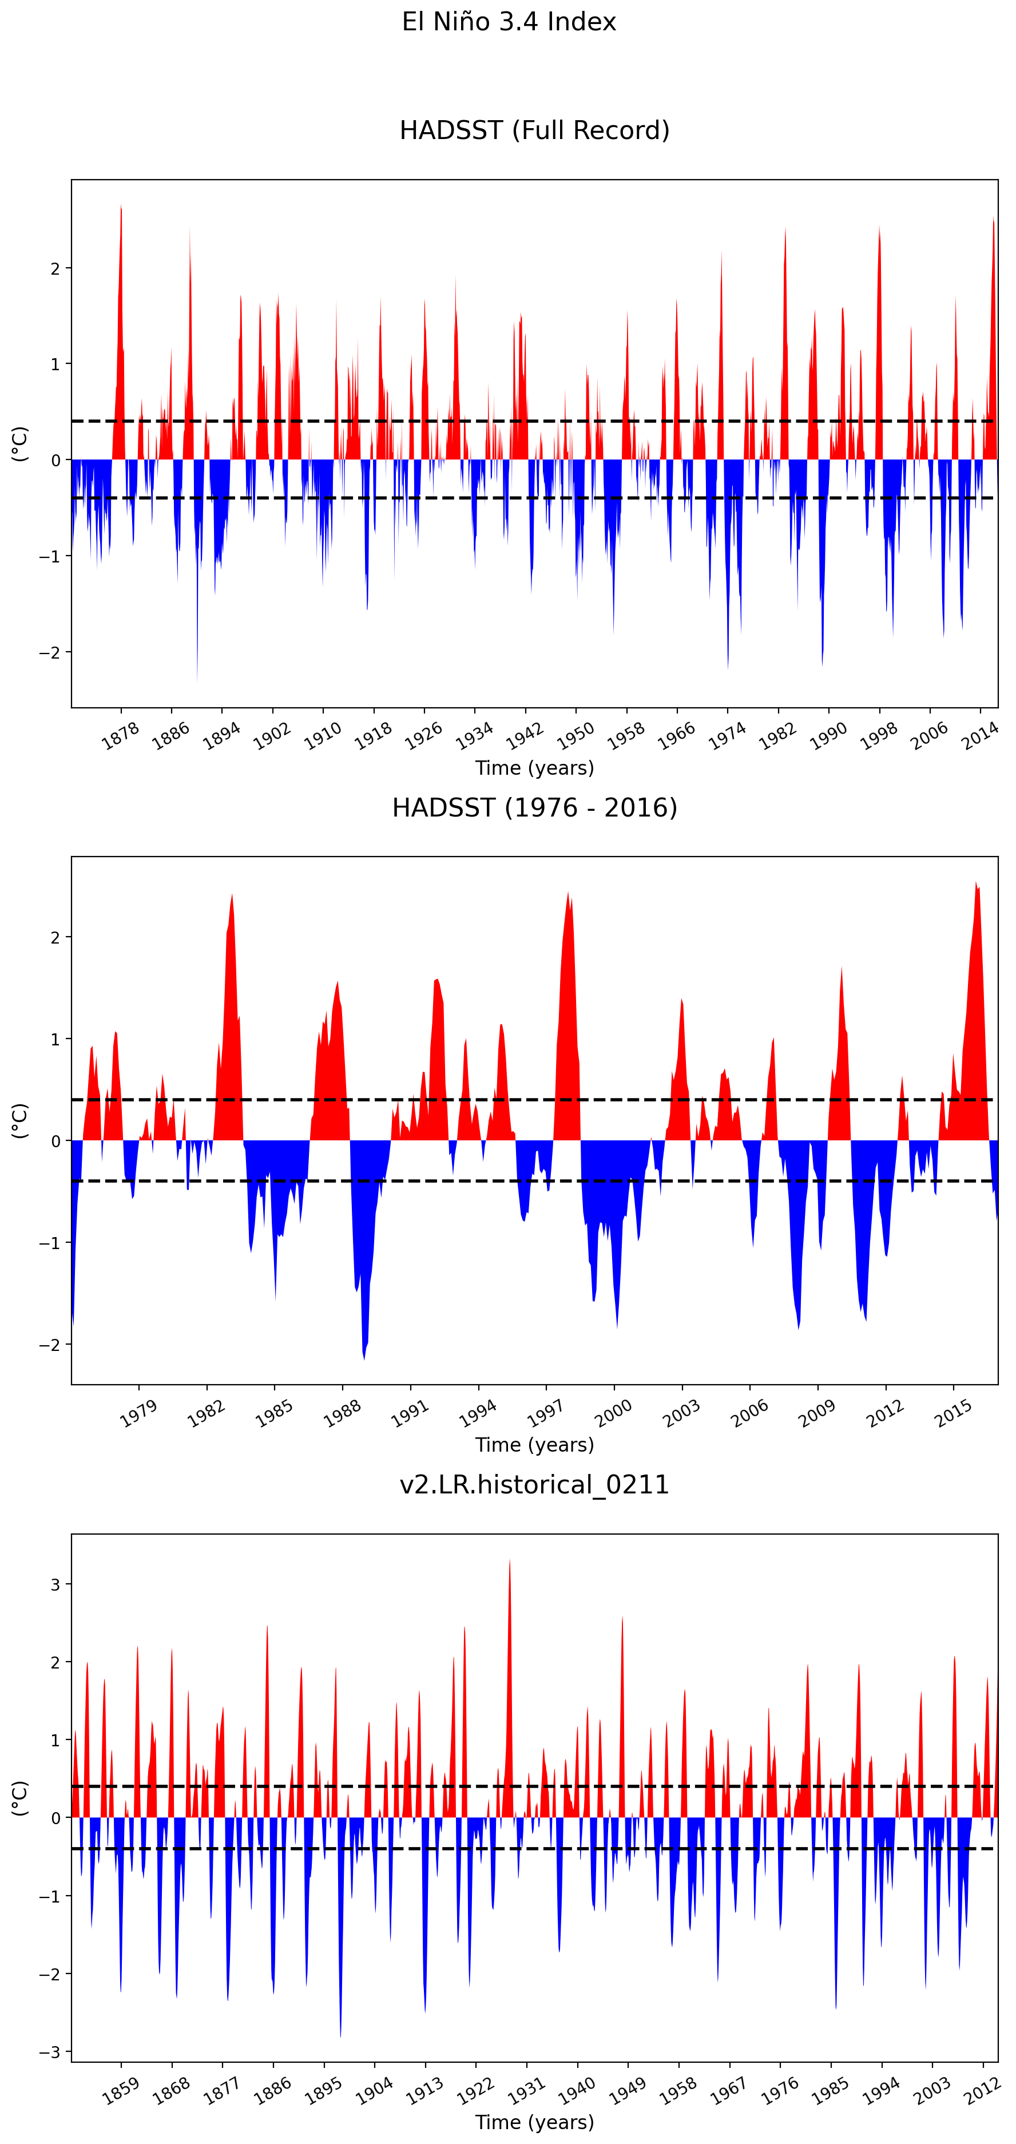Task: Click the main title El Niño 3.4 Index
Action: [x=509, y=22]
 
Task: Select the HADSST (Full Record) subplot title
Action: [x=534, y=130]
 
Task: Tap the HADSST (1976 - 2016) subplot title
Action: [x=534, y=807]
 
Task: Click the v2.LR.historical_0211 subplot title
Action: [x=534, y=1485]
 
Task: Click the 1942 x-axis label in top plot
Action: [x=525, y=736]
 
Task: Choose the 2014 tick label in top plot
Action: [x=980, y=736]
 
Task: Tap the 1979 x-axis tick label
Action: [x=138, y=1413]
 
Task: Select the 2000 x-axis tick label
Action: [x=613, y=1413]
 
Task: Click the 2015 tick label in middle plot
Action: [x=954, y=1413]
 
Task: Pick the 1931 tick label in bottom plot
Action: [x=526, y=2091]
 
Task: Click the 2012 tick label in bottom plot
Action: [x=982, y=2091]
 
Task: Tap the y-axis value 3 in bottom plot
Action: [x=55, y=1585]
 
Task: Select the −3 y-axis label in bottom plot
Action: [x=50, y=2052]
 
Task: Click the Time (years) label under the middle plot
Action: [x=534, y=1445]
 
